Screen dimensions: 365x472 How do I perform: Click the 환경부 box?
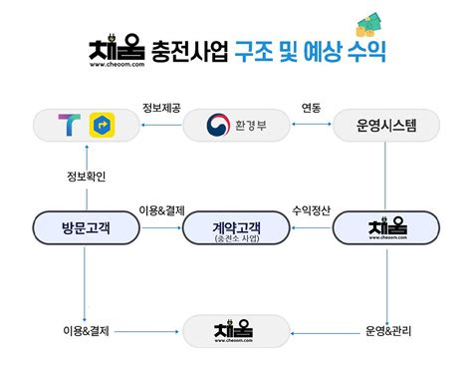click(x=236, y=126)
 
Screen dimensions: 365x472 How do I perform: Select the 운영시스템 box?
click(x=385, y=126)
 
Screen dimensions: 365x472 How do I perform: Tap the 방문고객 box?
click(x=86, y=227)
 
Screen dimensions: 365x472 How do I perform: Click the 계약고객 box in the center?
click(x=236, y=228)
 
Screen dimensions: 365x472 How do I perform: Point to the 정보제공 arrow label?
click(x=160, y=108)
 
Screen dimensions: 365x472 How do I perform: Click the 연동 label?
click(x=311, y=108)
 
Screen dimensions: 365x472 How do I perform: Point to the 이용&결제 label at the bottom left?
click(x=84, y=329)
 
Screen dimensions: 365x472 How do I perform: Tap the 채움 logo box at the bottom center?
click(x=236, y=330)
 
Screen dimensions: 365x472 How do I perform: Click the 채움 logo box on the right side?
click(x=385, y=228)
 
